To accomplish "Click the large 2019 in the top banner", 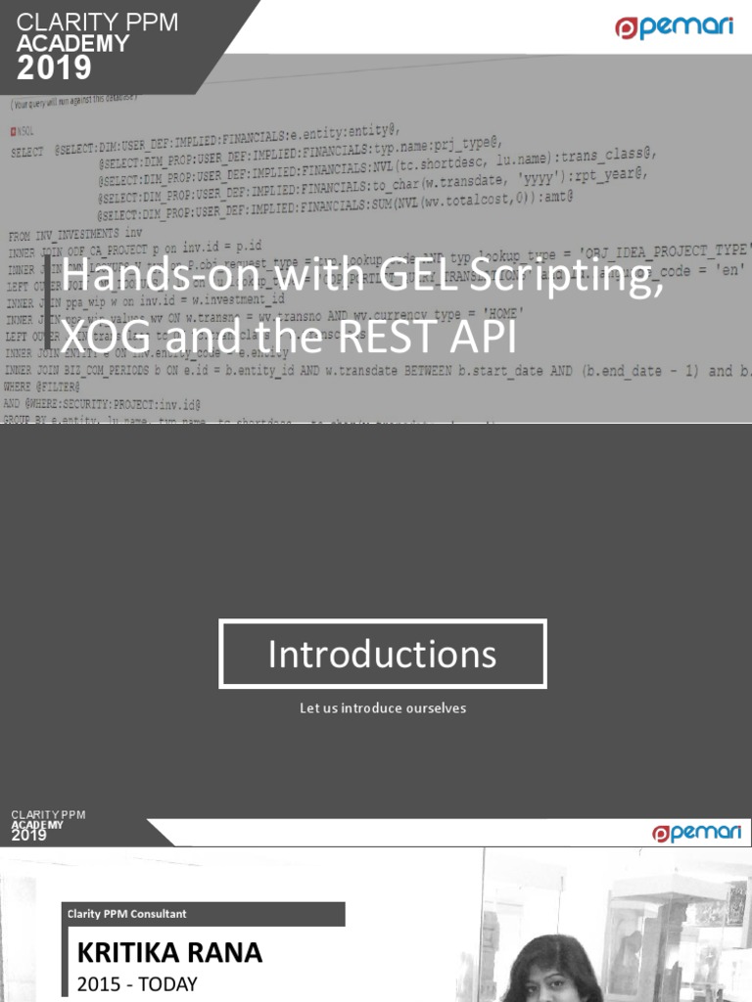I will pyautogui.click(x=56, y=68).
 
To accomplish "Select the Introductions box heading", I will pyautogui.click(x=383, y=654).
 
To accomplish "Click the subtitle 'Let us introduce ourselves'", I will pyautogui.click(x=383, y=707).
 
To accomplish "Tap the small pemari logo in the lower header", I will pyautogui.click(x=697, y=832).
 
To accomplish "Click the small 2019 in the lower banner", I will pyautogui.click(x=29, y=835).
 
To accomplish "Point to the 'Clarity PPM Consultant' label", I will pyautogui.click(x=126, y=914).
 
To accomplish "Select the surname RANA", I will pyautogui.click(x=227, y=952).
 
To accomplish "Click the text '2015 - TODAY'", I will pyautogui.click(x=137, y=983).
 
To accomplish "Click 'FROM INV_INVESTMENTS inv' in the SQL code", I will pyautogui.click(x=76, y=236).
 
